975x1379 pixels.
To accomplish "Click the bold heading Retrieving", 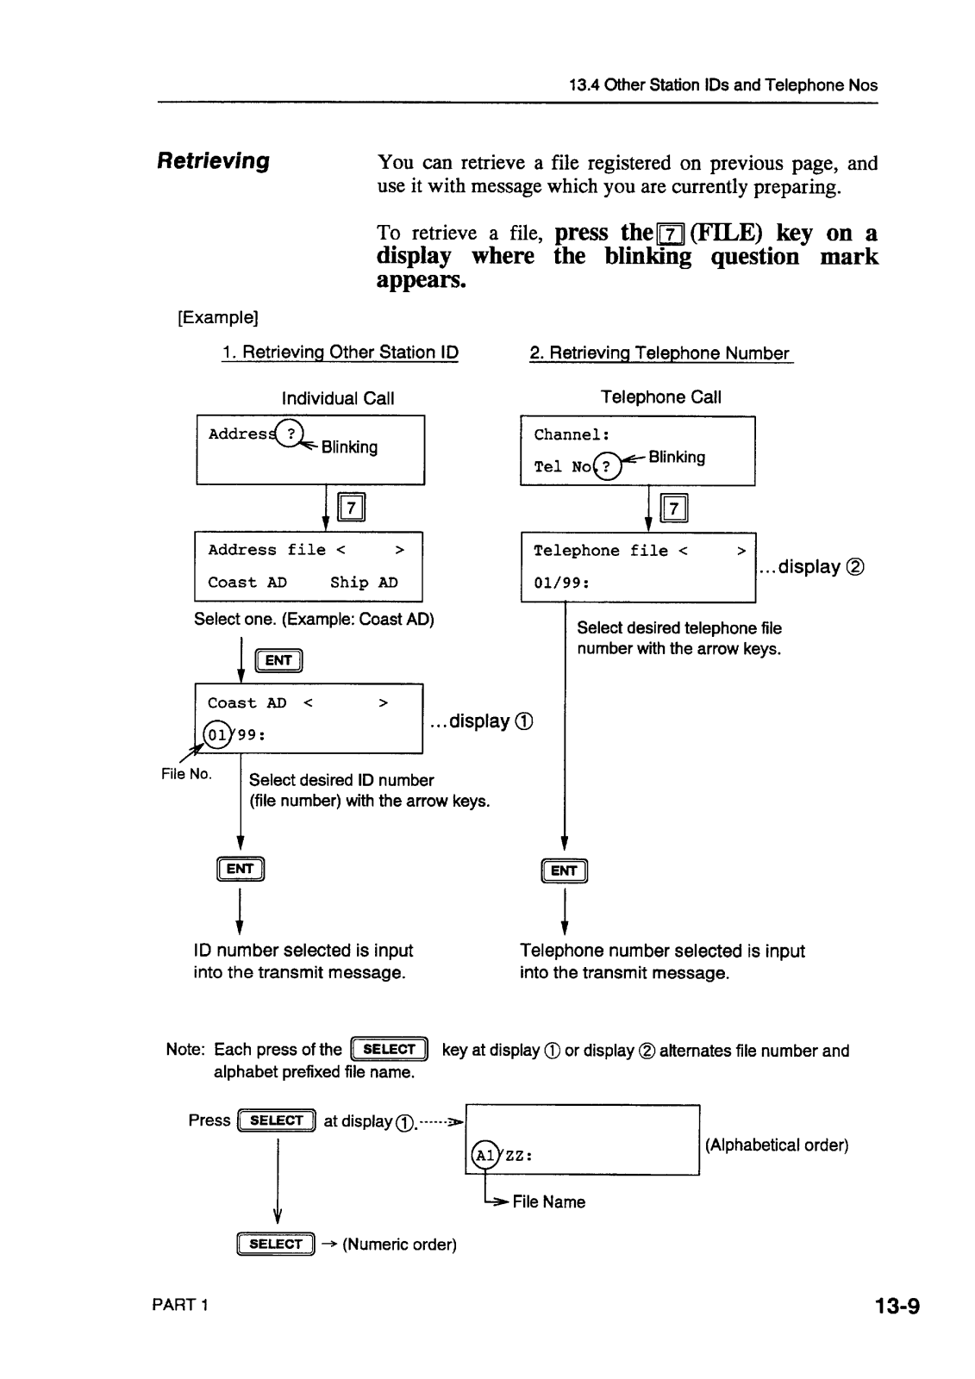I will (213, 161).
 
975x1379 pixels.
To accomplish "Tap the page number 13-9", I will (897, 1307).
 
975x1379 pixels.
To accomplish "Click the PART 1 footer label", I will (180, 1304).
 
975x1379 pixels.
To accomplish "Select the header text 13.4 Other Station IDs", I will (722, 85).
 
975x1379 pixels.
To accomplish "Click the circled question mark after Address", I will (292, 434).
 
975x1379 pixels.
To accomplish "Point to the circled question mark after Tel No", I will (607, 466).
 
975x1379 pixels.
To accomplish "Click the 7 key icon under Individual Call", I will (352, 509).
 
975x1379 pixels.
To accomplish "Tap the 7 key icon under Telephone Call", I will (674, 509).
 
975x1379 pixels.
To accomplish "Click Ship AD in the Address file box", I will (364, 583).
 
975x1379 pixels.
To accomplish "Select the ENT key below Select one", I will (279, 661).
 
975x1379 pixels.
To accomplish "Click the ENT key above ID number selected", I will (241, 869).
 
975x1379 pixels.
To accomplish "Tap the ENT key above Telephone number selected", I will (564, 870).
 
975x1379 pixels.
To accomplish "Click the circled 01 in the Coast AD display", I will (217, 735).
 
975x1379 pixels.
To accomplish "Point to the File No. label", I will (186, 774).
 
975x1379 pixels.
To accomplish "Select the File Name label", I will (548, 1201).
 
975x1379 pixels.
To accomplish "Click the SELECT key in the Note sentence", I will (390, 1049).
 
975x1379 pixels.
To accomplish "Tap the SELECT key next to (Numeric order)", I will (276, 1244).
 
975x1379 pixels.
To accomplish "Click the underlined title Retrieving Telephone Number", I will (660, 353).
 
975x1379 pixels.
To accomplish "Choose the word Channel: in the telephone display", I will (572, 435).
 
